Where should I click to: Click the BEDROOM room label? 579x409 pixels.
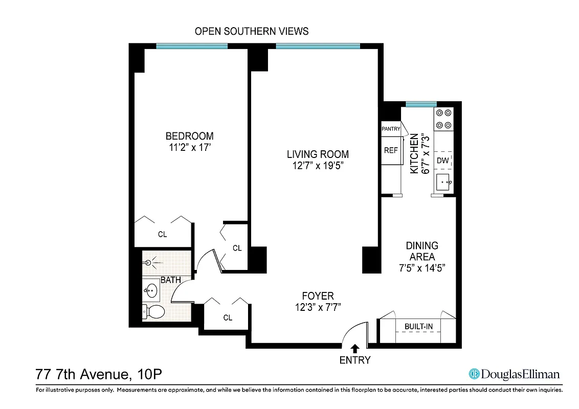189,136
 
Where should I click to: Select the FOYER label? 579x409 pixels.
318,296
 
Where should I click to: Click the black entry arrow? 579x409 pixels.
355,349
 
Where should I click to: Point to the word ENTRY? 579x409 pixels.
355,360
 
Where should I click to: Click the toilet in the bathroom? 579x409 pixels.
153,311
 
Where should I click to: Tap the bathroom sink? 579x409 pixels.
151,291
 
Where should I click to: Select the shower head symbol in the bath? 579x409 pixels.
150,263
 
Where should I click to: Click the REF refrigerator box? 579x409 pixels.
391,150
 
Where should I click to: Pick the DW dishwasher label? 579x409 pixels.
443,161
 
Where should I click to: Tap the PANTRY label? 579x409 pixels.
391,129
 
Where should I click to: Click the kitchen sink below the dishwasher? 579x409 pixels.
443,182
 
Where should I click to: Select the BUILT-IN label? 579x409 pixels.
417,326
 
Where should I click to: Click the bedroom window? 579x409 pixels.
192,46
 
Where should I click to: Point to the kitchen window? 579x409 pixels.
421,104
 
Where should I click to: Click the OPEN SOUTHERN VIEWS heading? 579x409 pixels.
252,31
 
